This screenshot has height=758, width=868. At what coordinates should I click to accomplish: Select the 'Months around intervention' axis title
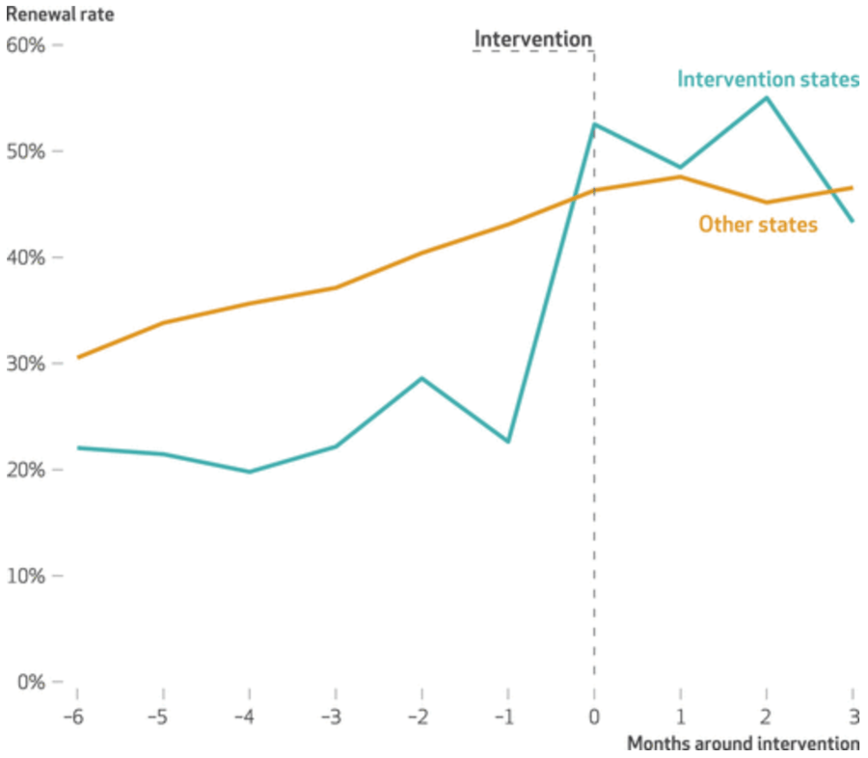743,744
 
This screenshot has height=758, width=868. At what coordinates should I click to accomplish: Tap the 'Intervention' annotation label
532,40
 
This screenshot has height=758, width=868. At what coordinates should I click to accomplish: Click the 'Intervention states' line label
768,79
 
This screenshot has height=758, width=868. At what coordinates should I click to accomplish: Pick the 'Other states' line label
758,225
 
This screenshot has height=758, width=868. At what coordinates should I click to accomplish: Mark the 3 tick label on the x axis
853,718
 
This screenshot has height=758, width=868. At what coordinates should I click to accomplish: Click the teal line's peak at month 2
767,97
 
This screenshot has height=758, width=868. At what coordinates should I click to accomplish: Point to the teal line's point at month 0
594,124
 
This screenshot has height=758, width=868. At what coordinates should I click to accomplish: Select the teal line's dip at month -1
508,442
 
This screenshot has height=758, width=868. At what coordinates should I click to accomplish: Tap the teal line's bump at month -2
421,378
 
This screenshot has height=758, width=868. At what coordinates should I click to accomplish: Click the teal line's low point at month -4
249,472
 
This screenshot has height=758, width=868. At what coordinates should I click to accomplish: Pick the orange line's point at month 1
680,176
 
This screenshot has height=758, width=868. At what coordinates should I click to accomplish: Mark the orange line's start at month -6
77,357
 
